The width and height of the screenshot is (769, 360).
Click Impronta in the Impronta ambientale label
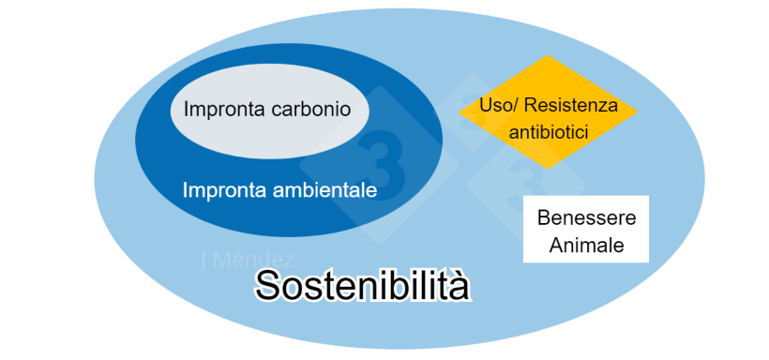221,190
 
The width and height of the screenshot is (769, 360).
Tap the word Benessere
586,218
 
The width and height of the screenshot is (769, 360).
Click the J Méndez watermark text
247,260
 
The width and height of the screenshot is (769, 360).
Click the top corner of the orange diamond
549,57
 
